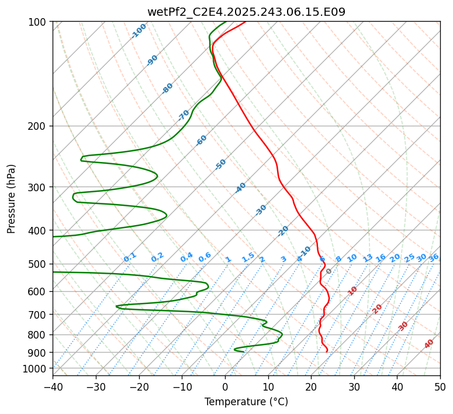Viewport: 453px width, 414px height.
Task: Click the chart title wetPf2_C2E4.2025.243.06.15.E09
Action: [x=246, y=12]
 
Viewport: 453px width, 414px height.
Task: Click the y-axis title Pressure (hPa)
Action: [x=12, y=199]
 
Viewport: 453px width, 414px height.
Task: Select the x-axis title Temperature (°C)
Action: [x=246, y=402]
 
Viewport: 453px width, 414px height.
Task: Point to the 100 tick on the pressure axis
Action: [x=38, y=22]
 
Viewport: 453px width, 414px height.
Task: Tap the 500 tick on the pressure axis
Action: [x=38, y=264]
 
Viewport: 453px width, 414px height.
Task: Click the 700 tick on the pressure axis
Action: [x=38, y=315]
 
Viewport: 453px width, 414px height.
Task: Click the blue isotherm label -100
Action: [x=139, y=31]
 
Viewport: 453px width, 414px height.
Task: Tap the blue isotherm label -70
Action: [x=184, y=115]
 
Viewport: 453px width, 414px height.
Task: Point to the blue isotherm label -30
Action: [x=261, y=210]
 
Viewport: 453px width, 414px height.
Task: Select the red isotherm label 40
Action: [x=429, y=344]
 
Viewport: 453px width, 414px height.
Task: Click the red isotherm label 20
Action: [x=378, y=308]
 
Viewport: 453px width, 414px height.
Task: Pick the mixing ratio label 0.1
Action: [x=130, y=257]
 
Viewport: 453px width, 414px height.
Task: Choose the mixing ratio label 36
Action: [x=434, y=257]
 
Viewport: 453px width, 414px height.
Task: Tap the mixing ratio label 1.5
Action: [x=248, y=257]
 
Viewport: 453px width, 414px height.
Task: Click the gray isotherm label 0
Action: [x=329, y=271]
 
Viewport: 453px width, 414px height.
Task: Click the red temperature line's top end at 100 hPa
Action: [x=245, y=22]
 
